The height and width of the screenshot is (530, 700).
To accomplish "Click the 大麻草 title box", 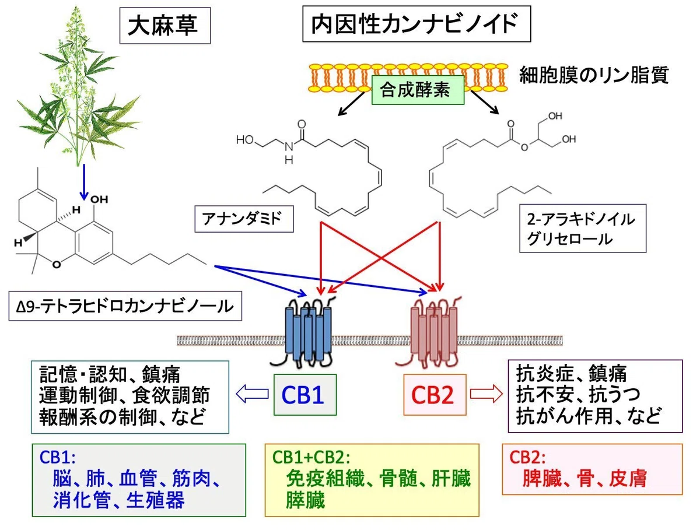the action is pos(165,26).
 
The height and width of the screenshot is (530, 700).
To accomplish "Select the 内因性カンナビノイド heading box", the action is pos(416,24).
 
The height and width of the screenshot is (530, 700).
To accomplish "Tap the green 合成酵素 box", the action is pos(418,90).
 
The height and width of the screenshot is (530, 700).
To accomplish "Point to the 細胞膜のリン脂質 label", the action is pos(594,75).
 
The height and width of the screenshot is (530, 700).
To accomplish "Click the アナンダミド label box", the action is pos(244,219).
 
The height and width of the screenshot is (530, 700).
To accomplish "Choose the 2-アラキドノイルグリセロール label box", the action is pos(583,229).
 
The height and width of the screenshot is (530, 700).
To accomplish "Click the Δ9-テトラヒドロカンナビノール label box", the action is pos(125,306).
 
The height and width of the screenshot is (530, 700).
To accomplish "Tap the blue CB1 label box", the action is pos(305,395).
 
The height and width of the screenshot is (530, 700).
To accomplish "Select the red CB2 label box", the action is pos(435,395).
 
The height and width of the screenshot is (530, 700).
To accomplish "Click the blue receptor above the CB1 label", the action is pos(307,331).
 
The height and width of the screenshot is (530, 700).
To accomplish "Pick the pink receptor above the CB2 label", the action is pos(432,331).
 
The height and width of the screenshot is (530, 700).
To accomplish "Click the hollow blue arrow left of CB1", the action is pos(252,394).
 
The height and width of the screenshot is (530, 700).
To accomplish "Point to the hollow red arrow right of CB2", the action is pos(487,394).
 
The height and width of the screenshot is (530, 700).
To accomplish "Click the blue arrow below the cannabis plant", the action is pos(84,182).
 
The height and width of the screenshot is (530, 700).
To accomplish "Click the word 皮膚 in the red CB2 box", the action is pos(628,478).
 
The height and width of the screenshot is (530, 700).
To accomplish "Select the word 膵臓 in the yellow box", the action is pos(306,500).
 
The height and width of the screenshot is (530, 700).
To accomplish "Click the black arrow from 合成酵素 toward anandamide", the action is pos(351,103).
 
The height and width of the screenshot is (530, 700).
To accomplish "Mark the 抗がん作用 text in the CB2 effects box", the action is pos(565,416).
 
